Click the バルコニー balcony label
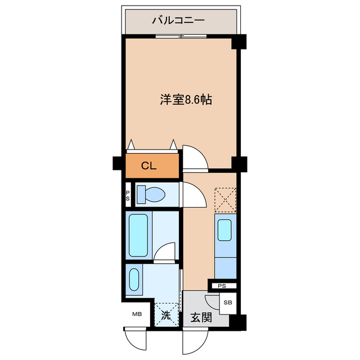178,21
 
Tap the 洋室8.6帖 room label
185,100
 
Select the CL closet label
148,166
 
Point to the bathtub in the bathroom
138,234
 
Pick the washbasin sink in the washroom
134,280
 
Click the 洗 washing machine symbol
166,316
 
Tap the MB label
137,314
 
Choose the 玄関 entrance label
201,318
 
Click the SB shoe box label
228,303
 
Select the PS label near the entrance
222,286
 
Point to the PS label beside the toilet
127,195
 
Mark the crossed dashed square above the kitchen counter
225,199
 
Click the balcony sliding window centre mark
181,37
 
